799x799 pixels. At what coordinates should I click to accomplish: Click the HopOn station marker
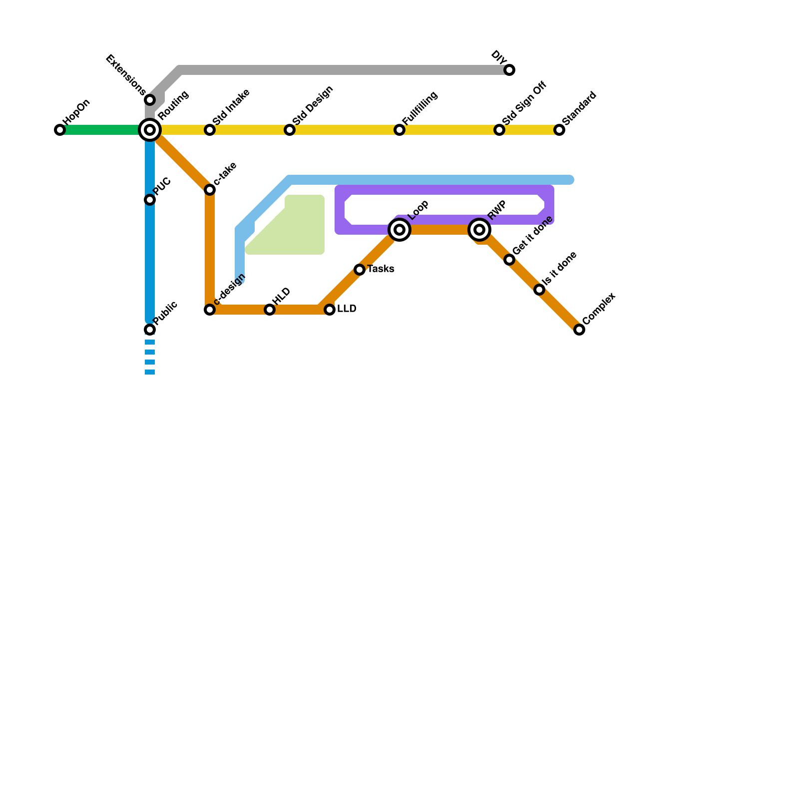[x=60, y=130]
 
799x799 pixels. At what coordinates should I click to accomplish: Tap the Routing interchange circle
[x=150, y=130]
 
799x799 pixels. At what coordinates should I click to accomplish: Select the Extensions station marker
[x=150, y=100]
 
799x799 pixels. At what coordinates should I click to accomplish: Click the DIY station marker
[x=509, y=70]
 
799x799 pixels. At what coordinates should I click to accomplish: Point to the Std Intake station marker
[x=210, y=130]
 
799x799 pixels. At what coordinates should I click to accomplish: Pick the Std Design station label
[x=313, y=106]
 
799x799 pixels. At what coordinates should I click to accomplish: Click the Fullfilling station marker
[x=399, y=130]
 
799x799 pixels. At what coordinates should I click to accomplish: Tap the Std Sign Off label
[x=524, y=103]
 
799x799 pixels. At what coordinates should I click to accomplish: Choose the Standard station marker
[x=559, y=130]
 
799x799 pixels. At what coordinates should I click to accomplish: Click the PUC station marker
[x=150, y=200]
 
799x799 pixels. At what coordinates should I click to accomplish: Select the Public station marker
[x=150, y=330]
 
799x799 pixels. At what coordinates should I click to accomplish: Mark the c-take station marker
[x=210, y=190]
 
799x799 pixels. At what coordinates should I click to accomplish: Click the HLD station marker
[x=270, y=310]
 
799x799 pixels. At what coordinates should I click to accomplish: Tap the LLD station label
[x=347, y=309]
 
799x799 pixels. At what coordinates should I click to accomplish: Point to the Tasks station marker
[x=360, y=270]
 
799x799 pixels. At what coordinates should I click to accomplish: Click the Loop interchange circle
[x=399, y=230]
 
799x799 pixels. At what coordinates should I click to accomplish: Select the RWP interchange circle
[x=479, y=230]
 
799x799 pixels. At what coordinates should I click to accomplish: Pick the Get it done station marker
[x=509, y=260]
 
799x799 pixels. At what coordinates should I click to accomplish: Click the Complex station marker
[x=579, y=330]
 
